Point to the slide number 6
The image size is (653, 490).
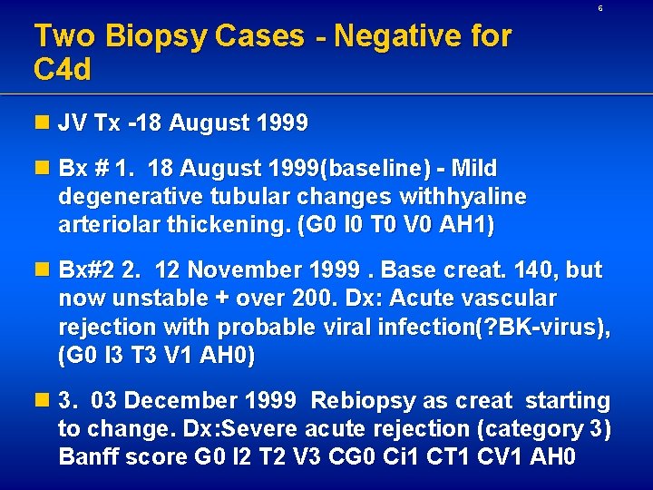[x=599, y=8]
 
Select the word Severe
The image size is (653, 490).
[x=265, y=429]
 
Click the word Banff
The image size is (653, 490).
[x=87, y=457]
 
